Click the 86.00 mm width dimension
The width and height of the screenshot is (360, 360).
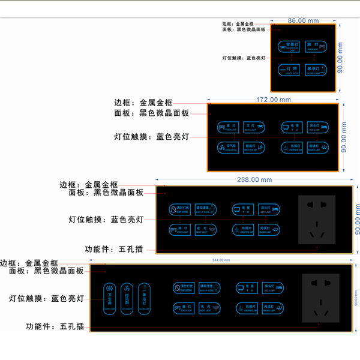point(303,20)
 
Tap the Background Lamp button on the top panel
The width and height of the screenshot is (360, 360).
point(289,46)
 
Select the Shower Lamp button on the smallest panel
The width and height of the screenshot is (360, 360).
point(316,70)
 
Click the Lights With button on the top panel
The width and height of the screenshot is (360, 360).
point(289,70)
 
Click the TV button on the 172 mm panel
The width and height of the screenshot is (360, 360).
point(293,127)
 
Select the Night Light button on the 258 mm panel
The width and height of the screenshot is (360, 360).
point(205,229)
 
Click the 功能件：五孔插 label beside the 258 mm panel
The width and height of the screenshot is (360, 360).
point(114,249)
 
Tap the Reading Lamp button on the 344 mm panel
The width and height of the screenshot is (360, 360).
point(274,307)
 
